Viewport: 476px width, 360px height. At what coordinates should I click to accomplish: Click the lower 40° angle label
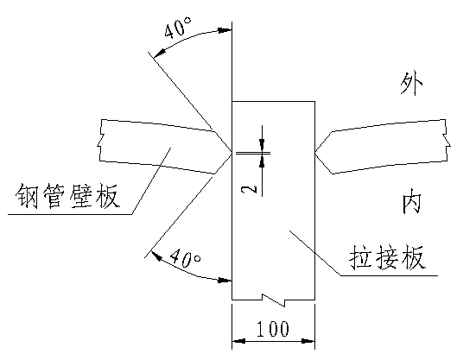point(185,258)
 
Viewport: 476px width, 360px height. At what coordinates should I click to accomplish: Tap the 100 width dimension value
point(273,329)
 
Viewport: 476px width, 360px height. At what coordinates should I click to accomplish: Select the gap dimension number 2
point(249,190)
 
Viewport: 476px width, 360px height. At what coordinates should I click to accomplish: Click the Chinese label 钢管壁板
point(67,196)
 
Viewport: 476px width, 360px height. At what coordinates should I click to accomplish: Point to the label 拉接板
point(387,257)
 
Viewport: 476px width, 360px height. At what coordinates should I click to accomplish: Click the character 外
point(411,84)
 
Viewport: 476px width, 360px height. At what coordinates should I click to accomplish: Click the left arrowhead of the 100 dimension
point(238,341)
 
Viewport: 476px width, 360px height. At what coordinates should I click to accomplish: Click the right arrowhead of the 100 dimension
point(308,341)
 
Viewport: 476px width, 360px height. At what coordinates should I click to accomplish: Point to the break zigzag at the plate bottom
point(274,300)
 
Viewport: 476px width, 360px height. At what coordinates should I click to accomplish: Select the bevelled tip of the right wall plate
point(315,152)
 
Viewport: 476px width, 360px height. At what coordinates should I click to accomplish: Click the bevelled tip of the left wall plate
point(231,152)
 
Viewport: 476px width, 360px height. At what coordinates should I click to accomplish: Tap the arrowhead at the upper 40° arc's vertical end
point(225,30)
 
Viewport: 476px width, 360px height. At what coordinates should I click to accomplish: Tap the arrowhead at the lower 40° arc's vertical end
point(225,280)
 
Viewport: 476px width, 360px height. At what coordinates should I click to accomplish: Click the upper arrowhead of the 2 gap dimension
point(262,144)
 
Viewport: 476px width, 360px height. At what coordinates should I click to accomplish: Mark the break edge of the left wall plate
point(101,140)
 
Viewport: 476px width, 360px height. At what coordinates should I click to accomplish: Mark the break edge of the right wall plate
point(447,140)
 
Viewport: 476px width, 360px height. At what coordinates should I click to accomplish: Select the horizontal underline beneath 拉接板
point(389,275)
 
